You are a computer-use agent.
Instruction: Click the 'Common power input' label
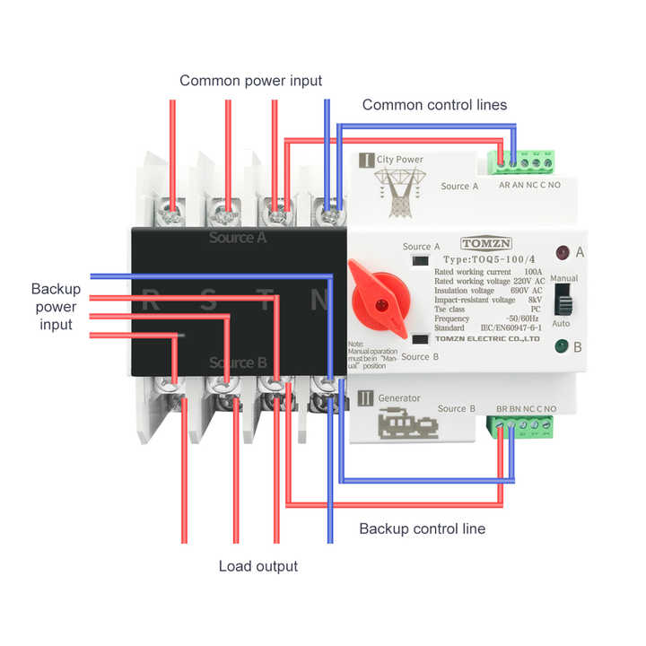tap(250, 81)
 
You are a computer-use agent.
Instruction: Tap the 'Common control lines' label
tap(434, 105)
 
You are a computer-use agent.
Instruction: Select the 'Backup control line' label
tap(422, 528)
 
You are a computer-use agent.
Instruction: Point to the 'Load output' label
tap(258, 566)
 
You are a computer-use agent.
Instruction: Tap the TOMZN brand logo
tap(484, 243)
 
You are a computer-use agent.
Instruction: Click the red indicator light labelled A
tap(563, 253)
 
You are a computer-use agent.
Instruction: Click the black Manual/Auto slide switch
tap(564, 301)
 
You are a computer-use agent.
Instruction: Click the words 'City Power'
tap(399, 160)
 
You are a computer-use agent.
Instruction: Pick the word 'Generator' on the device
tap(399, 397)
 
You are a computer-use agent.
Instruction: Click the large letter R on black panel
tap(152, 301)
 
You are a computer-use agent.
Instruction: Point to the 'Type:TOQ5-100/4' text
tap(489, 258)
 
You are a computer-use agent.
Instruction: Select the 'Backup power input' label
tap(56, 306)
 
